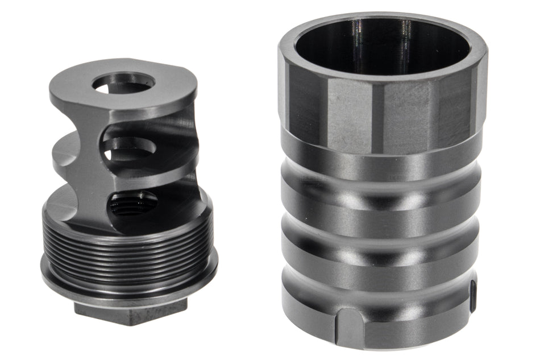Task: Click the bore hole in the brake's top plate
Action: coord(123,84)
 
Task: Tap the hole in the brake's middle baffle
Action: coord(130,148)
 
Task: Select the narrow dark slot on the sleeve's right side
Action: coord(472,296)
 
